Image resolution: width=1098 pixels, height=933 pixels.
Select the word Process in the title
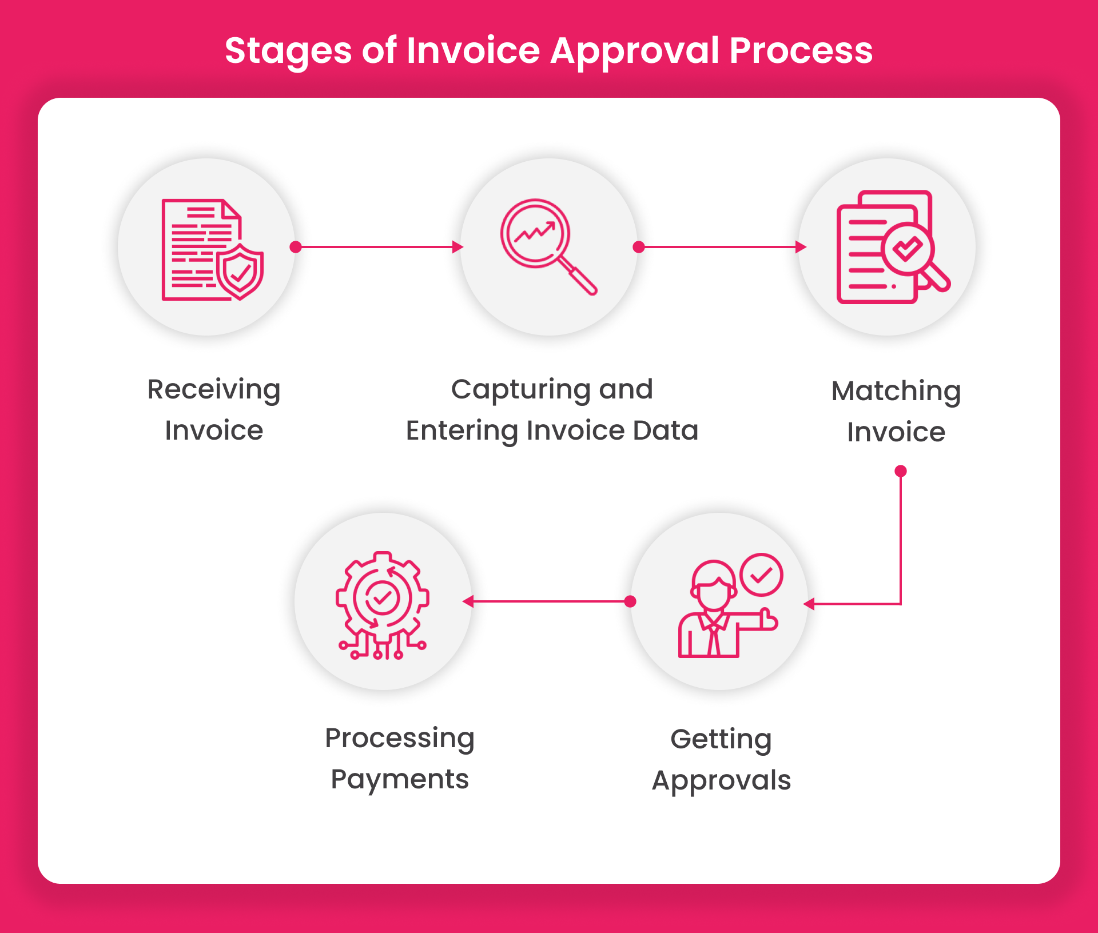click(x=801, y=50)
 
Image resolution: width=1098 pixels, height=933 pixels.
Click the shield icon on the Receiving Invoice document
click(x=240, y=272)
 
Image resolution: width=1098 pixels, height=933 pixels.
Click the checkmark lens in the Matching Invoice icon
click(x=908, y=249)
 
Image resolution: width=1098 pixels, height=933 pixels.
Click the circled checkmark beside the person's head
click(x=761, y=575)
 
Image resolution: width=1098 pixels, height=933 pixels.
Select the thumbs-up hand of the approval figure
click(x=767, y=620)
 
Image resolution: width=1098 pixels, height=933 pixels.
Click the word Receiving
click(x=214, y=390)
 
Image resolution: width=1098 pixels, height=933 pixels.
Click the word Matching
click(x=896, y=392)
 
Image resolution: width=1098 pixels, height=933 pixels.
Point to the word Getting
click(x=721, y=740)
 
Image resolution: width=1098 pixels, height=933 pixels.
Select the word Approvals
click(x=721, y=780)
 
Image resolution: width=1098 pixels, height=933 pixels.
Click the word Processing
click(x=400, y=739)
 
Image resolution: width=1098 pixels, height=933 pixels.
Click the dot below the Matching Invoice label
click(x=901, y=471)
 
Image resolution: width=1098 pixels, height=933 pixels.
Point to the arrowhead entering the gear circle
click(x=468, y=601)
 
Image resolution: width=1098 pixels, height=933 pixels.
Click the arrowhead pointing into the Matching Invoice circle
click(x=801, y=247)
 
